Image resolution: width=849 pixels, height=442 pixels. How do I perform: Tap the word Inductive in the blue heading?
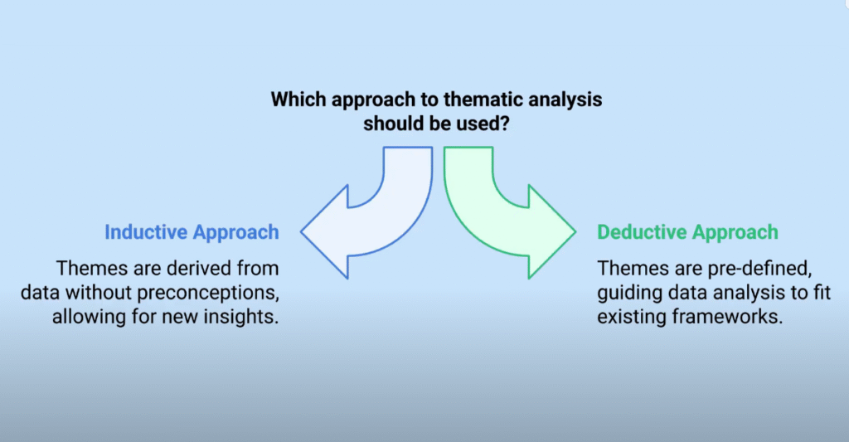146,232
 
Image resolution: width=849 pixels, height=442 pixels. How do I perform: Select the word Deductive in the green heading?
642,232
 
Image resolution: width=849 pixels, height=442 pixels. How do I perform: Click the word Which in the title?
298,100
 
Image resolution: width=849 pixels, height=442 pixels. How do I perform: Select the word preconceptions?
208,293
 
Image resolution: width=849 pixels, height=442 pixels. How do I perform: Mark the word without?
99,293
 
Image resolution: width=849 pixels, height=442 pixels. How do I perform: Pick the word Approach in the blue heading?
236,232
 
